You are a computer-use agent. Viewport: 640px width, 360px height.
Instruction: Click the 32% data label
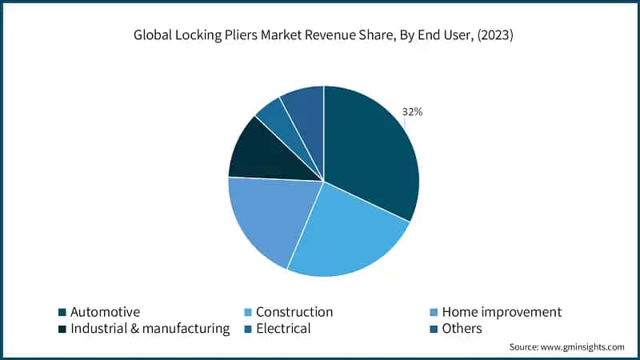(413, 112)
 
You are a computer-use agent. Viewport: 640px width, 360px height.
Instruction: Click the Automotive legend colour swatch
(62, 312)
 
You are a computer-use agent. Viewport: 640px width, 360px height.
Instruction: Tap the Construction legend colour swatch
(248, 312)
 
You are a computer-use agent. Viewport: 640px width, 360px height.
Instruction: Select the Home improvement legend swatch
(434, 312)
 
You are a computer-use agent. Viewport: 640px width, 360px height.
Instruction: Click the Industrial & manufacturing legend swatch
(62, 329)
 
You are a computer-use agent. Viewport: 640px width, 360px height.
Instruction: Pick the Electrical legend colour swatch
(248, 329)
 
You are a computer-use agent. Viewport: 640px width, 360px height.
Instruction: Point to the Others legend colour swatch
(434, 329)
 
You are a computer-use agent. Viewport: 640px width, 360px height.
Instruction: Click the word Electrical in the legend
(283, 329)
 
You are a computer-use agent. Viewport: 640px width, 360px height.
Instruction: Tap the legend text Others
(462, 329)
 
